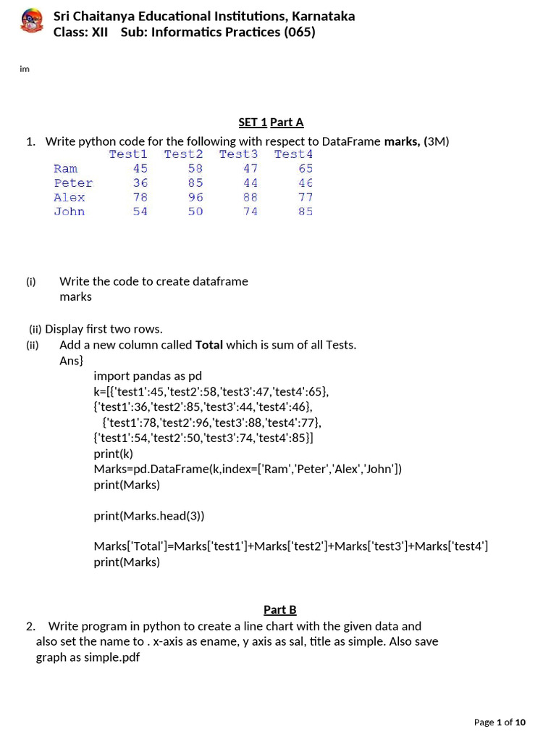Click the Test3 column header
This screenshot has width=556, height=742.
pyautogui.click(x=238, y=154)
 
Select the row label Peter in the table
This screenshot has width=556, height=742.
pyautogui.click(x=73, y=183)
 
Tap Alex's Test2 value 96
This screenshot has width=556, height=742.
pyautogui.click(x=195, y=197)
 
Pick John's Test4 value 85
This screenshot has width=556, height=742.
pyautogui.click(x=306, y=212)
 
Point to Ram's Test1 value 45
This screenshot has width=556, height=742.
pyautogui.click(x=140, y=168)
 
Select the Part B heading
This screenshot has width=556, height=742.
pyautogui.click(x=279, y=609)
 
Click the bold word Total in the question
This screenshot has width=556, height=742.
pyautogui.click(x=209, y=344)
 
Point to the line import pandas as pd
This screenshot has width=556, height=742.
pyautogui.click(x=148, y=375)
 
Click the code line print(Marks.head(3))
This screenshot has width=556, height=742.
pyautogui.click(x=149, y=515)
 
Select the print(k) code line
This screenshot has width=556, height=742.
pyautogui.click(x=114, y=453)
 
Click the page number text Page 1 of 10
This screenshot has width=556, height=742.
pyautogui.click(x=500, y=722)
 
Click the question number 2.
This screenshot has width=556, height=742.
pyautogui.click(x=30, y=625)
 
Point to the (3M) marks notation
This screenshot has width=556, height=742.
pyautogui.click(x=437, y=141)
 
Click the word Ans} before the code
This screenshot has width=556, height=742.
pyautogui.click(x=72, y=360)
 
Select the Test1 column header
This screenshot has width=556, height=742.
pyautogui.click(x=128, y=154)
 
